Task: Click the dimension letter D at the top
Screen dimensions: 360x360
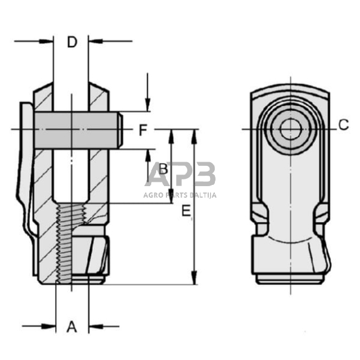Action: click(x=72, y=42)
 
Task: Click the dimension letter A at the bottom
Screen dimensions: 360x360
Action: click(x=72, y=326)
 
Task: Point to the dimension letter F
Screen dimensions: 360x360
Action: click(x=142, y=130)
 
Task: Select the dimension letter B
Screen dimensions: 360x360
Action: click(x=163, y=168)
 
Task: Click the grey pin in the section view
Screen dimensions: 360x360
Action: click(x=77, y=130)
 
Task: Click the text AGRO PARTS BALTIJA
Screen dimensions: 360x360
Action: click(x=181, y=195)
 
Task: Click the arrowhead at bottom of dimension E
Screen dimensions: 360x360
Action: click(x=195, y=280)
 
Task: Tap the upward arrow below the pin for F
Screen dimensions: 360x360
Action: click(x=148, y=154)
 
